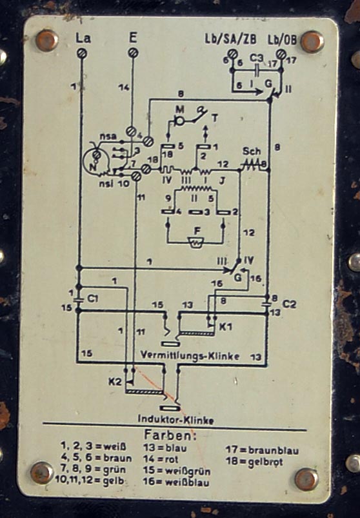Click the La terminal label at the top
coord(83,37)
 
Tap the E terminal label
coord(133,37)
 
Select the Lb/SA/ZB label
coord(230,39)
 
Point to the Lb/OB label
coord(282,39)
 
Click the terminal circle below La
coord(81,53)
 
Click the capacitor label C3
coord(256,59)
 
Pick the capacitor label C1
coord(93,299)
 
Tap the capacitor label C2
coord(289,304)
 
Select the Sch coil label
coord(252,152)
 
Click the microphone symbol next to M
coord(179,121)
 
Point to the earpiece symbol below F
coord(197,242)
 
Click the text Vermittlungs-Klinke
coord(190,356)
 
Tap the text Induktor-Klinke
coord(175,420)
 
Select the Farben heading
coord(170,435)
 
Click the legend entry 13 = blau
coord(165,448)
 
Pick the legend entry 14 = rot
coord(161,459)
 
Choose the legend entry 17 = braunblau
coord(262,450)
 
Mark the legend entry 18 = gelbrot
coord(254,461)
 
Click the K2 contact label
coord(115,381)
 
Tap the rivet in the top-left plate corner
coord(46,40)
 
